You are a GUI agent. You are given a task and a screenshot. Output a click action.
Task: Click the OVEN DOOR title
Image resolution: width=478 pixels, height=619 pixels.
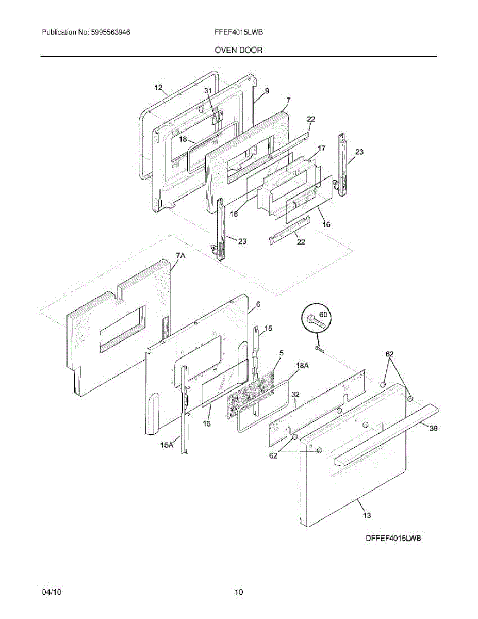point(238,50)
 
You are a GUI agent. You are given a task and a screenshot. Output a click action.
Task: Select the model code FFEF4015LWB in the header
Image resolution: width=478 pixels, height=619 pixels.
point(239,32)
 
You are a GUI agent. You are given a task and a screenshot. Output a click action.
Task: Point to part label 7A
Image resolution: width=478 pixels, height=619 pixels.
point(180,256)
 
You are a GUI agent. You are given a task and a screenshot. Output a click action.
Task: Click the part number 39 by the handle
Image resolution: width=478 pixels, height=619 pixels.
point(434,428)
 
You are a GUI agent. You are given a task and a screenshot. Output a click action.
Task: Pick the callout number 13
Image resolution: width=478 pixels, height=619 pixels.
point(366,515)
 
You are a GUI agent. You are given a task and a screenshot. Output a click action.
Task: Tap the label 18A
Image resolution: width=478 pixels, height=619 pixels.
point(302,365)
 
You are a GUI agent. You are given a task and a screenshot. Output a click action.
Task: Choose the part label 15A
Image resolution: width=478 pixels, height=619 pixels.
point(167,445)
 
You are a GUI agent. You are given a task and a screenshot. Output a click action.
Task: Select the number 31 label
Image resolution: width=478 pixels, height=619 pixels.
point(208,90)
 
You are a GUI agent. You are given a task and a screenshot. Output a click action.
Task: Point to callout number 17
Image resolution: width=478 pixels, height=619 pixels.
point(321,149)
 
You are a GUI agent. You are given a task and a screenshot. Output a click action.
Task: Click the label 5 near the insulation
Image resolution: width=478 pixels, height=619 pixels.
point(281,353)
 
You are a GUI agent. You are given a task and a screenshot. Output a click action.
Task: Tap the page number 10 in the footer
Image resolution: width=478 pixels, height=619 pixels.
point(239,592)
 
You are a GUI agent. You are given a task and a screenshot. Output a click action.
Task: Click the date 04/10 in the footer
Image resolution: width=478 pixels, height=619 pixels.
point(52,592)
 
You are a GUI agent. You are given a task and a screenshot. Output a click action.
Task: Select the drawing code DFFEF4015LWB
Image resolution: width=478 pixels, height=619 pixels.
point(393,539)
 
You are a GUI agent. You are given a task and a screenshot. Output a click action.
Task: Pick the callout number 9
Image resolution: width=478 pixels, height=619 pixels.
point(267,91)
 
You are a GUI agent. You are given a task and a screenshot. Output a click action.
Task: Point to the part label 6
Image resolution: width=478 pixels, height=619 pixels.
point(258,304)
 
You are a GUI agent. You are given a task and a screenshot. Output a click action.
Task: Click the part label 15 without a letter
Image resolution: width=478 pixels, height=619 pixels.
point(268,328)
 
